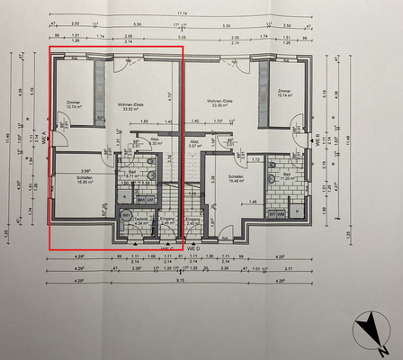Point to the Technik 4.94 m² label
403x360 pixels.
pos(140,221)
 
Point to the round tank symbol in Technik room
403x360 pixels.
pos(126,215)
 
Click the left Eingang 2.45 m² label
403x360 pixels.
pos(167,221)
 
